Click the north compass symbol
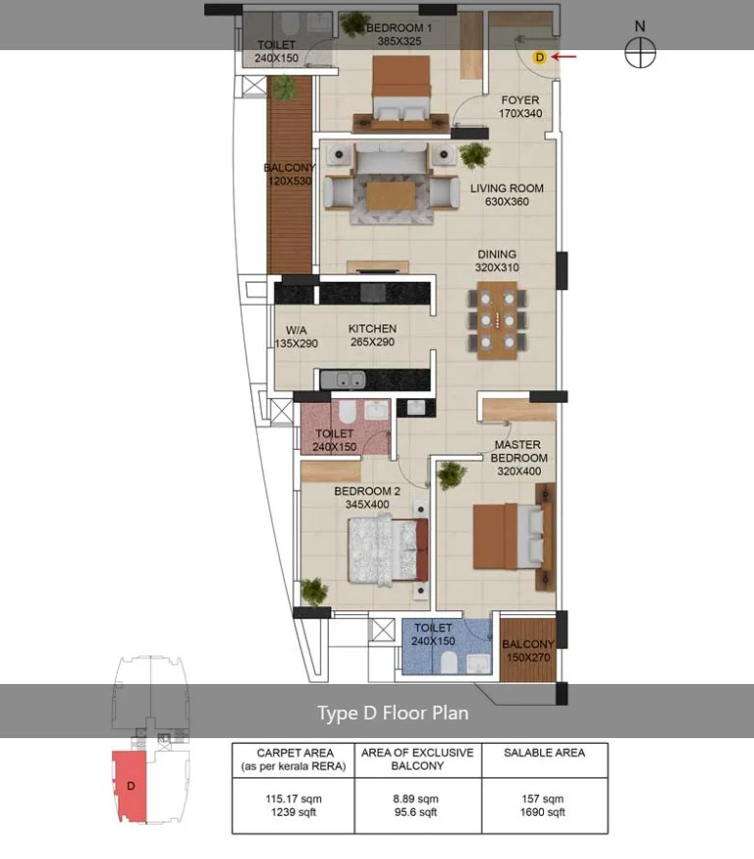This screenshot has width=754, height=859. (640, 53)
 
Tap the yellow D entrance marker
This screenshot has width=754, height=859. (538, 57)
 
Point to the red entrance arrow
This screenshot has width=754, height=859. (565, 57)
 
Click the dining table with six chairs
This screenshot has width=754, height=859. (500, 320)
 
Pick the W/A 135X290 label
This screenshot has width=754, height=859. (296, 336)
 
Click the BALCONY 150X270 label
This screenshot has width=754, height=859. (527, 651)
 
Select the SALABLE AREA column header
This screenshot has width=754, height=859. (543, 752)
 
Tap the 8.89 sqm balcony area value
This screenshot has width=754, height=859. (417, 799)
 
